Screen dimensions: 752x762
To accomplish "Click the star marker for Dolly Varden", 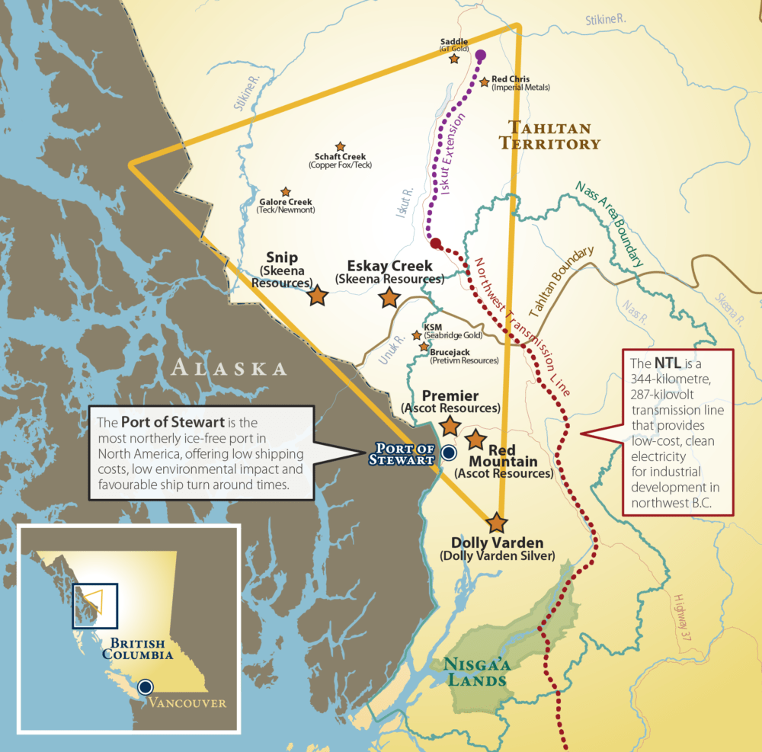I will pos(497,523).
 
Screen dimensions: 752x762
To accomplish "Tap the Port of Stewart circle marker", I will pos(449,453).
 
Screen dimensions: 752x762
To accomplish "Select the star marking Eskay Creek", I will pos(389,298).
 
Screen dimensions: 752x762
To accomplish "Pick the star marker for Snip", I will pos(318,296).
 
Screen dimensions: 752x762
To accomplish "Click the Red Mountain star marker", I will pos(476,439).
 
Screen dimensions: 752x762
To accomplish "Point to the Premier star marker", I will pos(450,425).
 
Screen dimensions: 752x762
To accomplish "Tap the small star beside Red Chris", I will pos(483,81).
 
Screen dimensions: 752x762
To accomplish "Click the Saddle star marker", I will pos(454,59).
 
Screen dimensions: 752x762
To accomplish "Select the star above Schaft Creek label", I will pos(340,146).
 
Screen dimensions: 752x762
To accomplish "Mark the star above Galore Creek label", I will pos(286,192).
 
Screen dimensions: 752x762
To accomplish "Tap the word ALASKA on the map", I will pos(229,369).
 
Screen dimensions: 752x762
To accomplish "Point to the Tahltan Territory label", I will pos(554,135).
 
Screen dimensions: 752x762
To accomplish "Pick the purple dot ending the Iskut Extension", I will pos(481,55).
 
